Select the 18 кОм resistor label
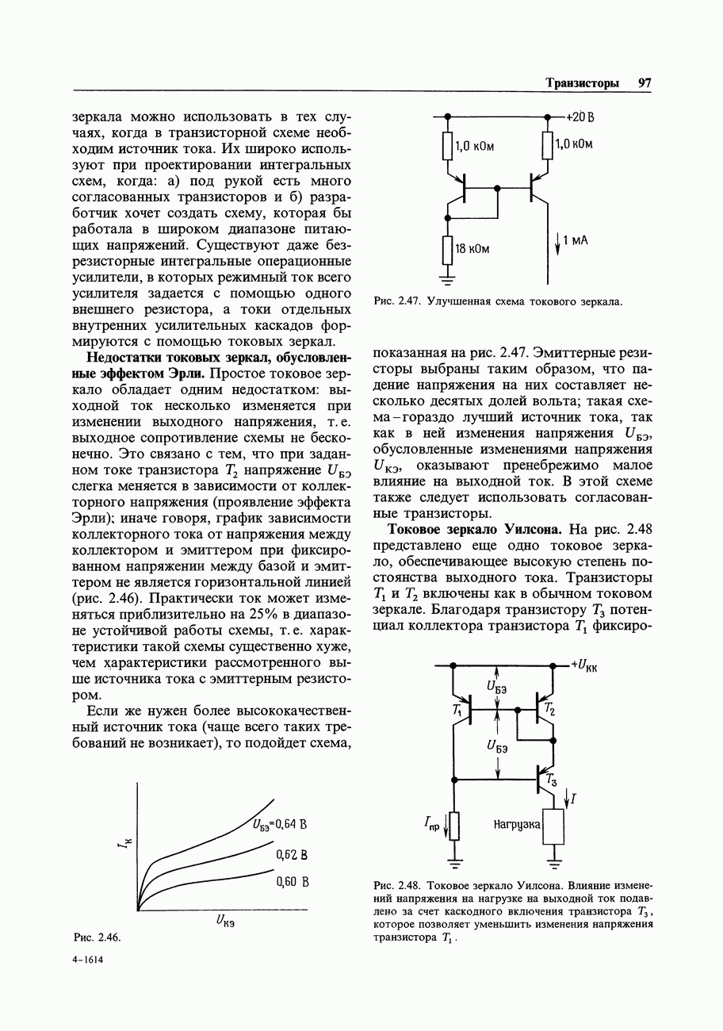point(472,249)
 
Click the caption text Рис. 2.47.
point(396,301)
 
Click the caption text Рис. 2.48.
point(396,884)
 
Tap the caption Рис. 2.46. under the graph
point(97,937)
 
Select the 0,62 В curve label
point(291,855)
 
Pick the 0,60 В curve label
point(291,882)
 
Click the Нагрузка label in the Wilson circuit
point(517,826)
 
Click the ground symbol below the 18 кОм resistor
point(447,278)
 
